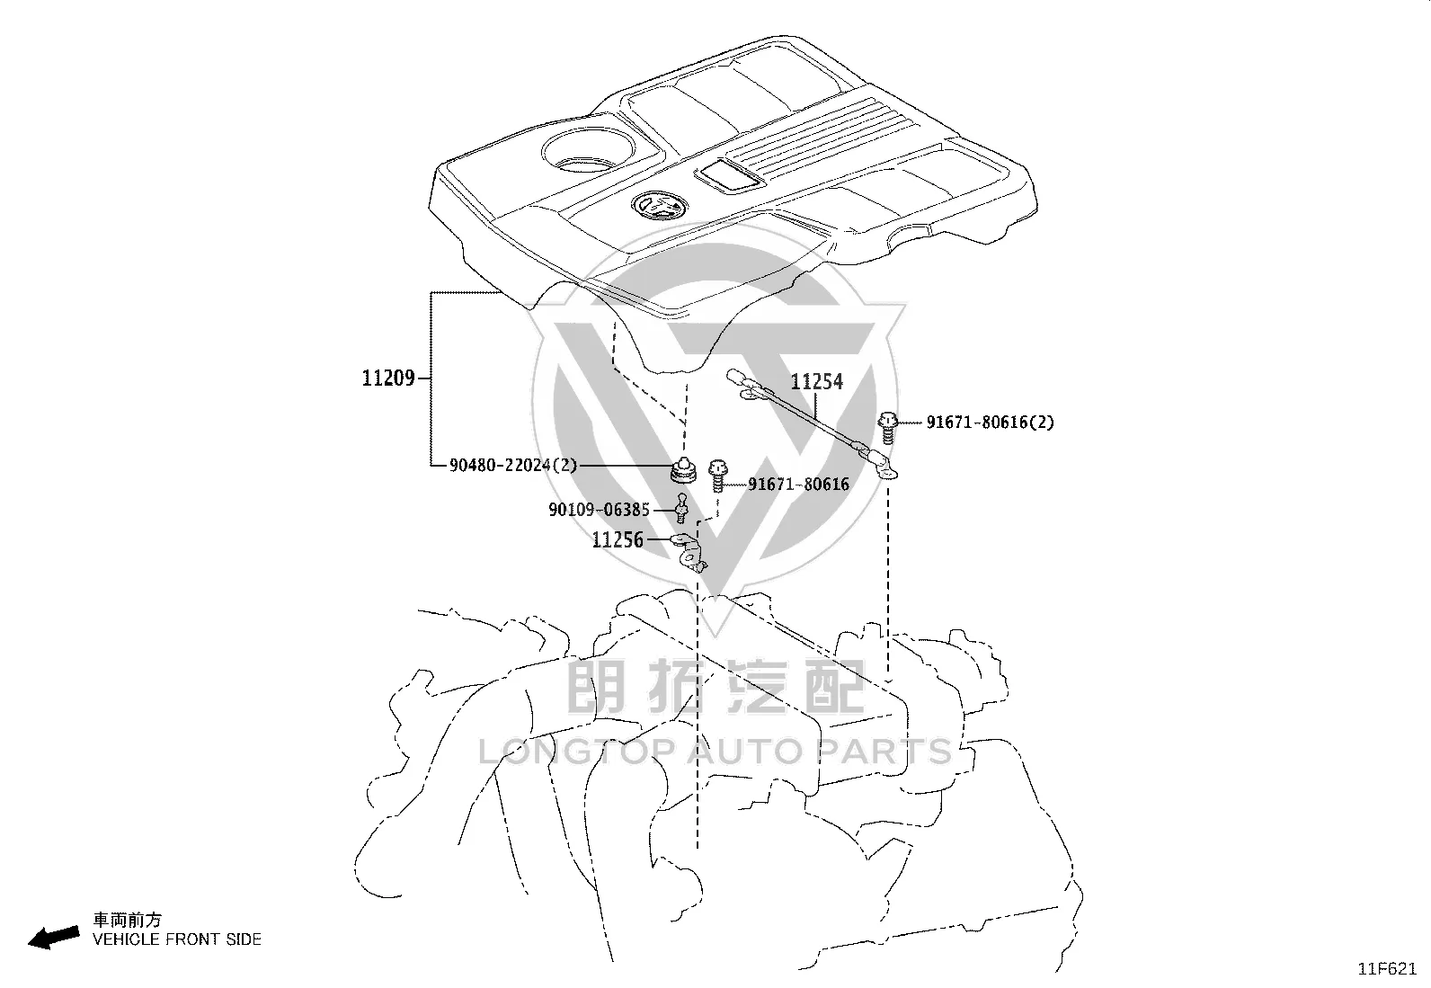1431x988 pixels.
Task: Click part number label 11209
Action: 388,378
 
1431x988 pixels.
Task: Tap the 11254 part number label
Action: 816,381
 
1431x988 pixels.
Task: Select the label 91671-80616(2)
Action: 991,422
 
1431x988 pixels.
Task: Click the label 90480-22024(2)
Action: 513,466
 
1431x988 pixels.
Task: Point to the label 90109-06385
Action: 599,510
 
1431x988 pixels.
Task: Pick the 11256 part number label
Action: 618,540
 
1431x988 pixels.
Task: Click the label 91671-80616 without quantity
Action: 798,484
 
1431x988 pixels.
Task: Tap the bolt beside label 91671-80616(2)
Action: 887,428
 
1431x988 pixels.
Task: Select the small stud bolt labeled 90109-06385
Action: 681,508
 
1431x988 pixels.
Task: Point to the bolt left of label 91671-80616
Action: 718,476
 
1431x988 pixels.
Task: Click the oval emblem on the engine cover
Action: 659,206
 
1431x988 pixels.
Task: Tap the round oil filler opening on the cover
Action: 588,151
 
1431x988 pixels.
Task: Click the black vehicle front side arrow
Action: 54,938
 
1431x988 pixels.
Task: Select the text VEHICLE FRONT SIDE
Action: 177,939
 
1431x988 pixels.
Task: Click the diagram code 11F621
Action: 1387,969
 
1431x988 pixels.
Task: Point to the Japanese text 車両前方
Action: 127,920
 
